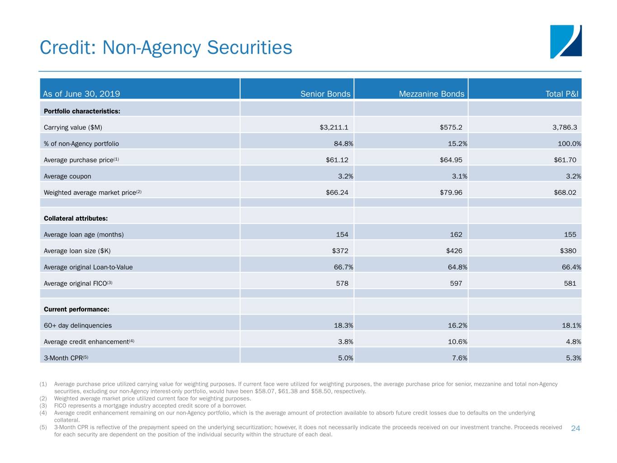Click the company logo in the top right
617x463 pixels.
pos(565,42)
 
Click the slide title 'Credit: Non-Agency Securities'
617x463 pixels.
pos(166,47)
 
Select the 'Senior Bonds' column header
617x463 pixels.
pos(325,94)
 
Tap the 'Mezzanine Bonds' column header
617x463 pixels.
pos(431,94)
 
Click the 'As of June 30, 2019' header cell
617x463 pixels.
pos(81,94)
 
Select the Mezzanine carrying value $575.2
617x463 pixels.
pos(451,128)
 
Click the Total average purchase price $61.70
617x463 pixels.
pos(565,160)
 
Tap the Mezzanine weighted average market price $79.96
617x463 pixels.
pos(451,193)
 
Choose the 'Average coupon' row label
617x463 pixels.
pos(67,176)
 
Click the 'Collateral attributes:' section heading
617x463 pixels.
pos(75,218)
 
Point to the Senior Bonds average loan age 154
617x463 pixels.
pos(342,235)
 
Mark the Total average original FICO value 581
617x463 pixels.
pos(570,283)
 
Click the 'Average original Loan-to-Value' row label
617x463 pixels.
pos(88,267)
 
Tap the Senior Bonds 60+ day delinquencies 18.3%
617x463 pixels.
pos(343,326)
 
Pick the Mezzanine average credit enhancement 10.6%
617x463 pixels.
pos(457,342)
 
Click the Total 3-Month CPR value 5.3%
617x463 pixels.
pos(573,358)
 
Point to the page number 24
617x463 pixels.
pos(575,429)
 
